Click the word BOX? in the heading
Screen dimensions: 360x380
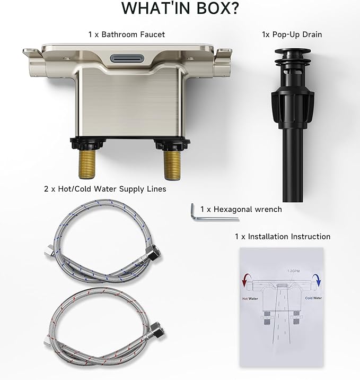pos(218,8)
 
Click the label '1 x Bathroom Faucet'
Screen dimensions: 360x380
pos(127,34)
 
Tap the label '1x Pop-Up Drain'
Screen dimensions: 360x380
pos(292,34)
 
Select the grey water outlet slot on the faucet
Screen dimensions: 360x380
pos(127,58)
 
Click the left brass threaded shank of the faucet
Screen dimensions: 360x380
pos(87,164)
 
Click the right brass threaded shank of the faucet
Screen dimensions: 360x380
pos(172,165)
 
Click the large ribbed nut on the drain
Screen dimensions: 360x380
pos(293,107)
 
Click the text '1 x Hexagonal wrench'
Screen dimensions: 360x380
pos(241,209)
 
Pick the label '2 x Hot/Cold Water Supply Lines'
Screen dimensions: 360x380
pos(105,189)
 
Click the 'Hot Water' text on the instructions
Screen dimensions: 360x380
pos(250,299)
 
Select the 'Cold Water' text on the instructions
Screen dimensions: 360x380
pos(313,298)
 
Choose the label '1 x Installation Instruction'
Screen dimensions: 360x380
pos(283,237)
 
